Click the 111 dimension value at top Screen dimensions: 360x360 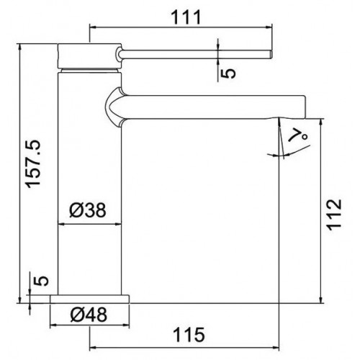(x=185, y=17)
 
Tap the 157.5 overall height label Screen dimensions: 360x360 (x=33, y=164)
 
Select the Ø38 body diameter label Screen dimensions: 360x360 (x=88, y=210)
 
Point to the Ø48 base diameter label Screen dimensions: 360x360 (x=89, y=315)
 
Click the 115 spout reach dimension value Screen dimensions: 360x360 (x=189, y=335)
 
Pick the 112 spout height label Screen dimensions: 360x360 (x=335, y=215)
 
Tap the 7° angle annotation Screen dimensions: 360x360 (x=298, y=136)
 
